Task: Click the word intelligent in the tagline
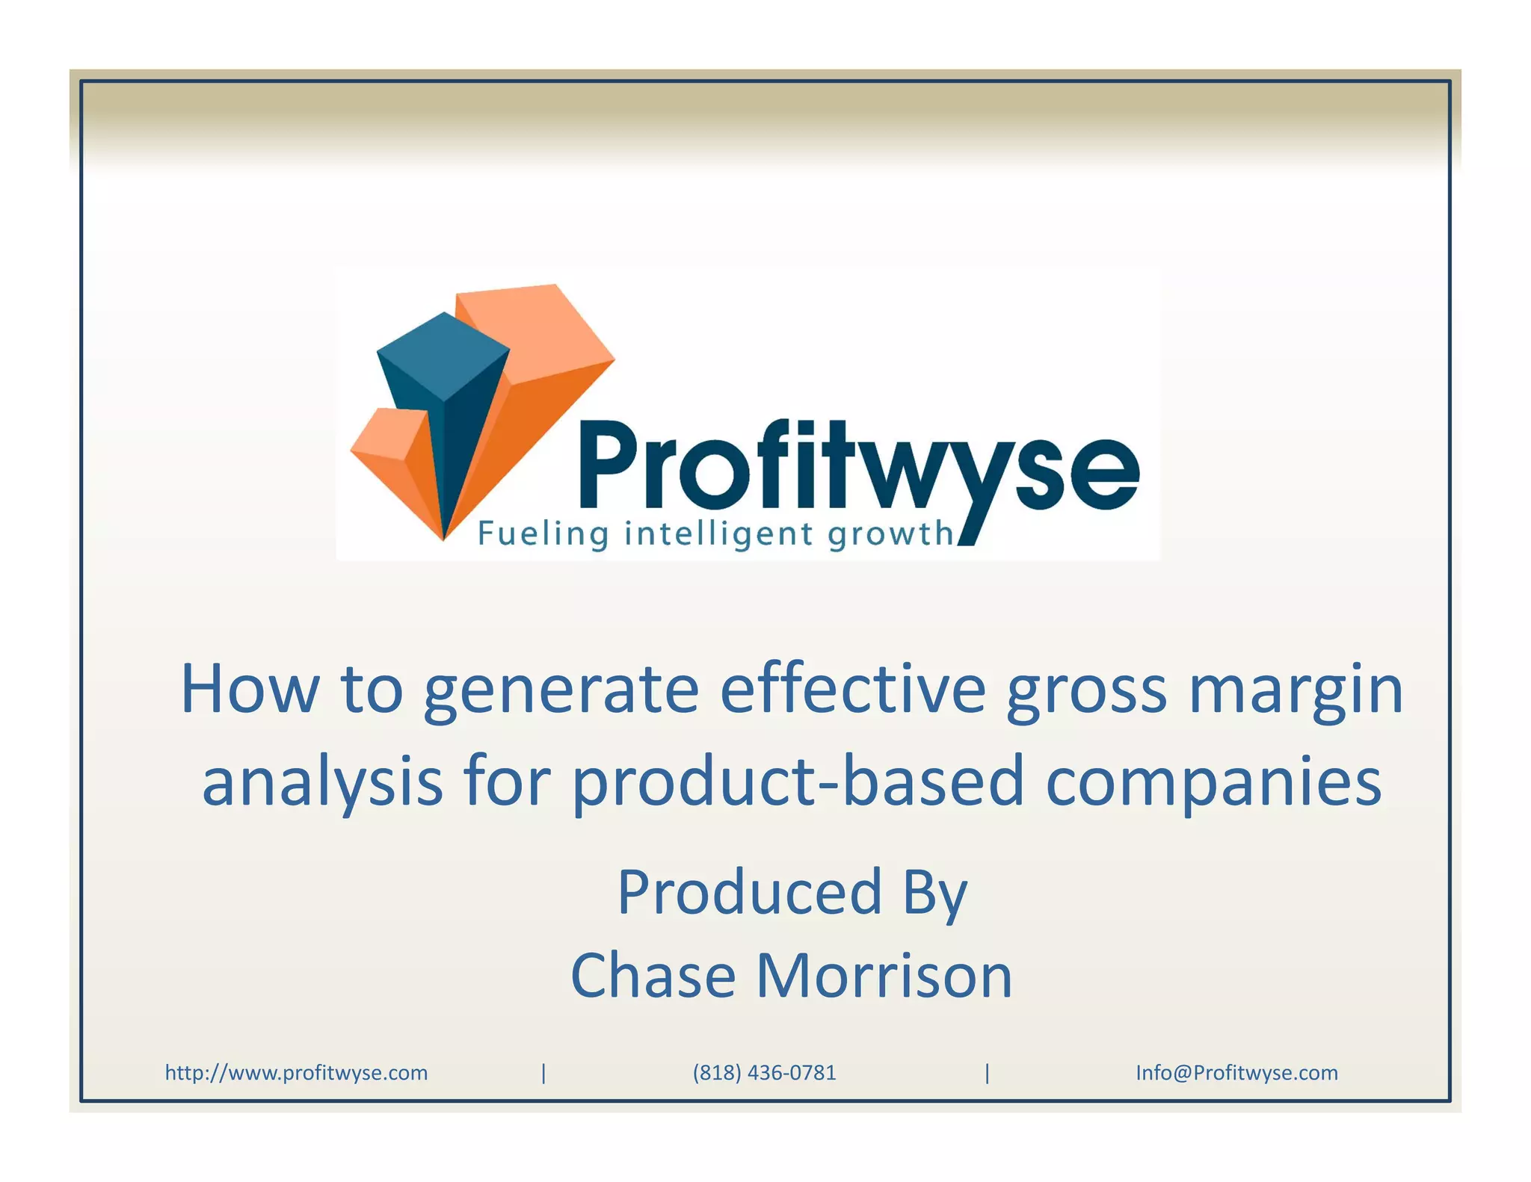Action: click(718, 535)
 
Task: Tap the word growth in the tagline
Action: click(890, 535)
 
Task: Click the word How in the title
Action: click(250, 690)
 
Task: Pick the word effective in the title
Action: click(853, 690)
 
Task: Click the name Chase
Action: click(653, 976)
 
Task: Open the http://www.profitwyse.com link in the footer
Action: click(296, 1073)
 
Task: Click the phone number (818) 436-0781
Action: click(764, 1073)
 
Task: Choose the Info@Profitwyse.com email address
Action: click(1236, 1073)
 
